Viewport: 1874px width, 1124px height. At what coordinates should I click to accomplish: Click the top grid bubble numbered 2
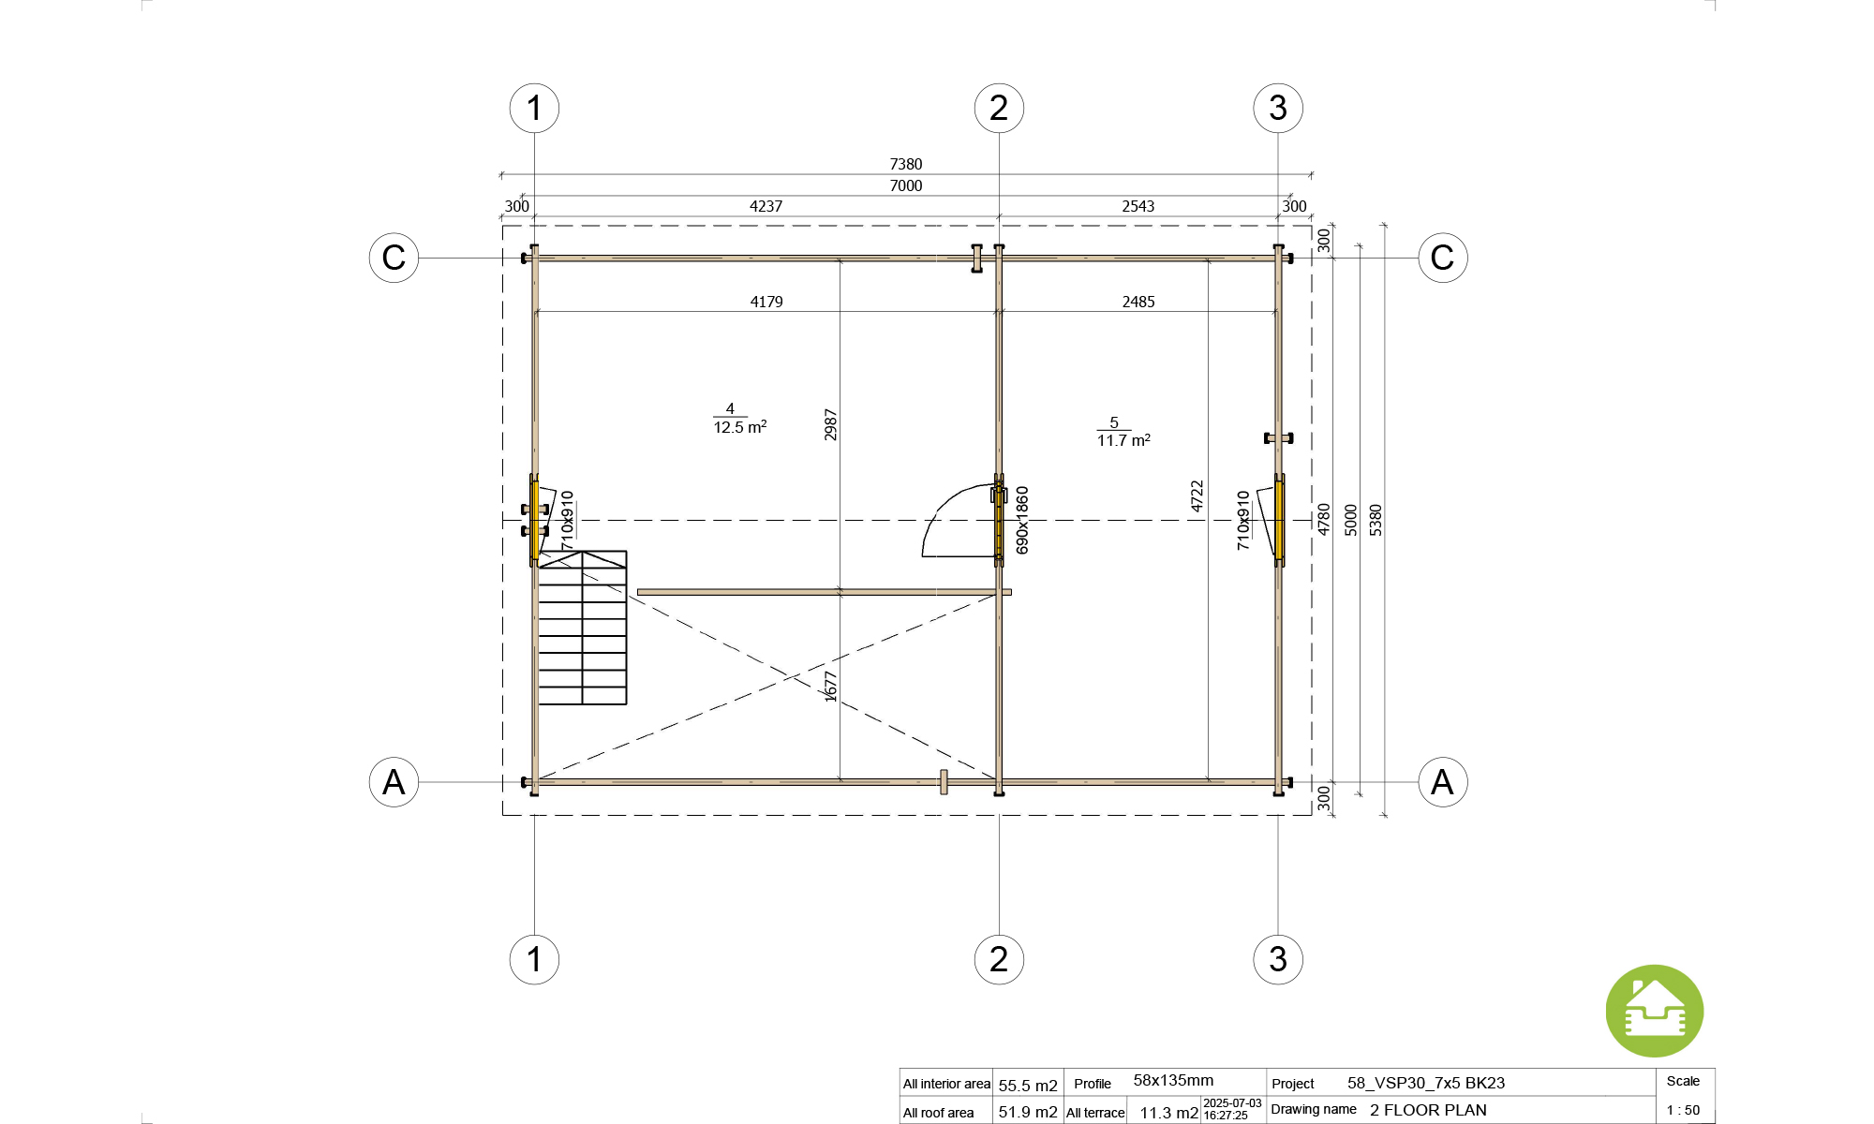[x=999, y=108]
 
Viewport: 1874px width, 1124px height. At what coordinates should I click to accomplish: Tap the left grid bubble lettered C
[x=394, y=258]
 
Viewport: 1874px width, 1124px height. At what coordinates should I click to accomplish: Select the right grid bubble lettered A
[x=1442, y=782]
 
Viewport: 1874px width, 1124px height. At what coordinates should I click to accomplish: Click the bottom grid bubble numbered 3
[x=1278, y=959]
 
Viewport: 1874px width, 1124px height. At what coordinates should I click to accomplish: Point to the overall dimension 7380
[x=906, y=164]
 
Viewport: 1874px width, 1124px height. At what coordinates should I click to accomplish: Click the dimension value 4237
[x=766, y=206]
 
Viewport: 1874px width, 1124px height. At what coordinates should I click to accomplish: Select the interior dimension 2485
[x=1138, y=302]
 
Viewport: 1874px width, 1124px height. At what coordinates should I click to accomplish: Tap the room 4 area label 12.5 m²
[x=739, y=427]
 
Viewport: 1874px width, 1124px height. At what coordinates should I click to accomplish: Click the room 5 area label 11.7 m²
[x=1123, y=440]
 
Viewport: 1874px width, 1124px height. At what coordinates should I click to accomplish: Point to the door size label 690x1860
[x=1022, y=520]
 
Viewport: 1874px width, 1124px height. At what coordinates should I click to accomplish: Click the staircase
[x=582, y=628]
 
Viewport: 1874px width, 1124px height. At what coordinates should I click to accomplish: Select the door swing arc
[x=946, y=515]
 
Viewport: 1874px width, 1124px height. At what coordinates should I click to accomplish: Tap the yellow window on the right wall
[x=1279, y=520]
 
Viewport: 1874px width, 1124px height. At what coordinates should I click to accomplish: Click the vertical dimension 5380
[x=1376, y=520]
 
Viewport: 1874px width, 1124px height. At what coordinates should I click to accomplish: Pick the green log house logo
[x=1654, y=1012]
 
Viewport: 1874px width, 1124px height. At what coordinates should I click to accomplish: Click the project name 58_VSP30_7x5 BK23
[x=1426, y=1083]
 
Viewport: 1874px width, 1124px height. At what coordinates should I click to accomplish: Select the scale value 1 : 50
[x=1683, y=1110]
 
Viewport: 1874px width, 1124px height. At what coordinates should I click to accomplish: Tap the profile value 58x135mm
[x=1173, y=1081]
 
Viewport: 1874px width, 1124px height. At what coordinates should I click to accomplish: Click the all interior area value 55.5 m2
[x=1028, y=1086]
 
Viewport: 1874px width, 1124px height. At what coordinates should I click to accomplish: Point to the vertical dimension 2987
[x=830, y=424]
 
